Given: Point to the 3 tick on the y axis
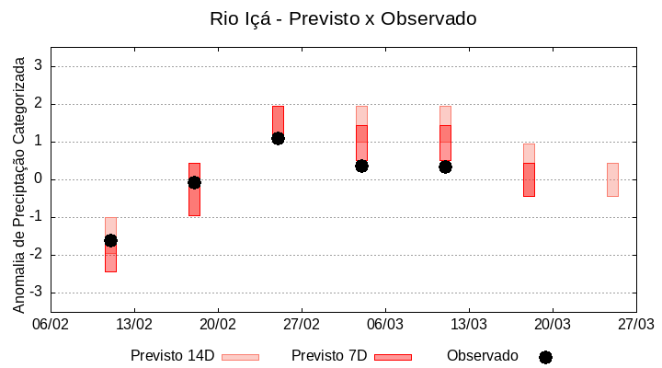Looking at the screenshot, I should click(x=40, y=66).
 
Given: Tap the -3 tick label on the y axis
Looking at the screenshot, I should click(x=37, y=293).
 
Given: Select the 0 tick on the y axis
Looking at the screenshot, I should click(x=40, y=179).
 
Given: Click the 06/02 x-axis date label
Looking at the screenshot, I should click(x=51, y=324).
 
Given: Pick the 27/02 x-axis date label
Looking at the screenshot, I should click(x=301, y=324).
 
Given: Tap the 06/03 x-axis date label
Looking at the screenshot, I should click(x=384, y=324).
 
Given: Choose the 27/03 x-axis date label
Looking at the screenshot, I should click(x=634, y=324).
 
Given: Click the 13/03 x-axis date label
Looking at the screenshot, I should click(x=468, y=324).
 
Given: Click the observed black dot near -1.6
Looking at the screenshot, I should click(x=110, y=240).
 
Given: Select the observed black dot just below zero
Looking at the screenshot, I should click(x=194, y=182).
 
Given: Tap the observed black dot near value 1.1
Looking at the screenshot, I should click(x=278, y=138).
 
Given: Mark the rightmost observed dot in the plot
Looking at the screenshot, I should click(x=445, y=167).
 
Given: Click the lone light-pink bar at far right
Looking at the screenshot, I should click(x=612, y=179).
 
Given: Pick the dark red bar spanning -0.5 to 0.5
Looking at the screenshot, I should click(x=529, y=179).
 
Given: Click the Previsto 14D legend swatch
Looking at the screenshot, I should click(x=240, y=357).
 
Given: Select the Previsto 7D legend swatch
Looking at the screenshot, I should click(x=393, y=357).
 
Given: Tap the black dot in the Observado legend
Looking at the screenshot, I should click(x=545, y=357).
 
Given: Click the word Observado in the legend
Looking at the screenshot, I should click(x=482, y=355).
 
